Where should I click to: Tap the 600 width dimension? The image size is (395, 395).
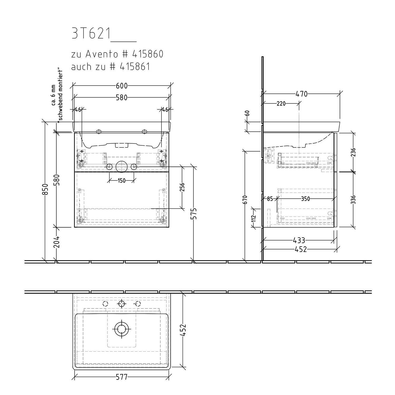122,86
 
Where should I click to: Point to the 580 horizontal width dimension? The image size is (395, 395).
122,98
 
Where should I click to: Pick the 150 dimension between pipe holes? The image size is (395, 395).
121,181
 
